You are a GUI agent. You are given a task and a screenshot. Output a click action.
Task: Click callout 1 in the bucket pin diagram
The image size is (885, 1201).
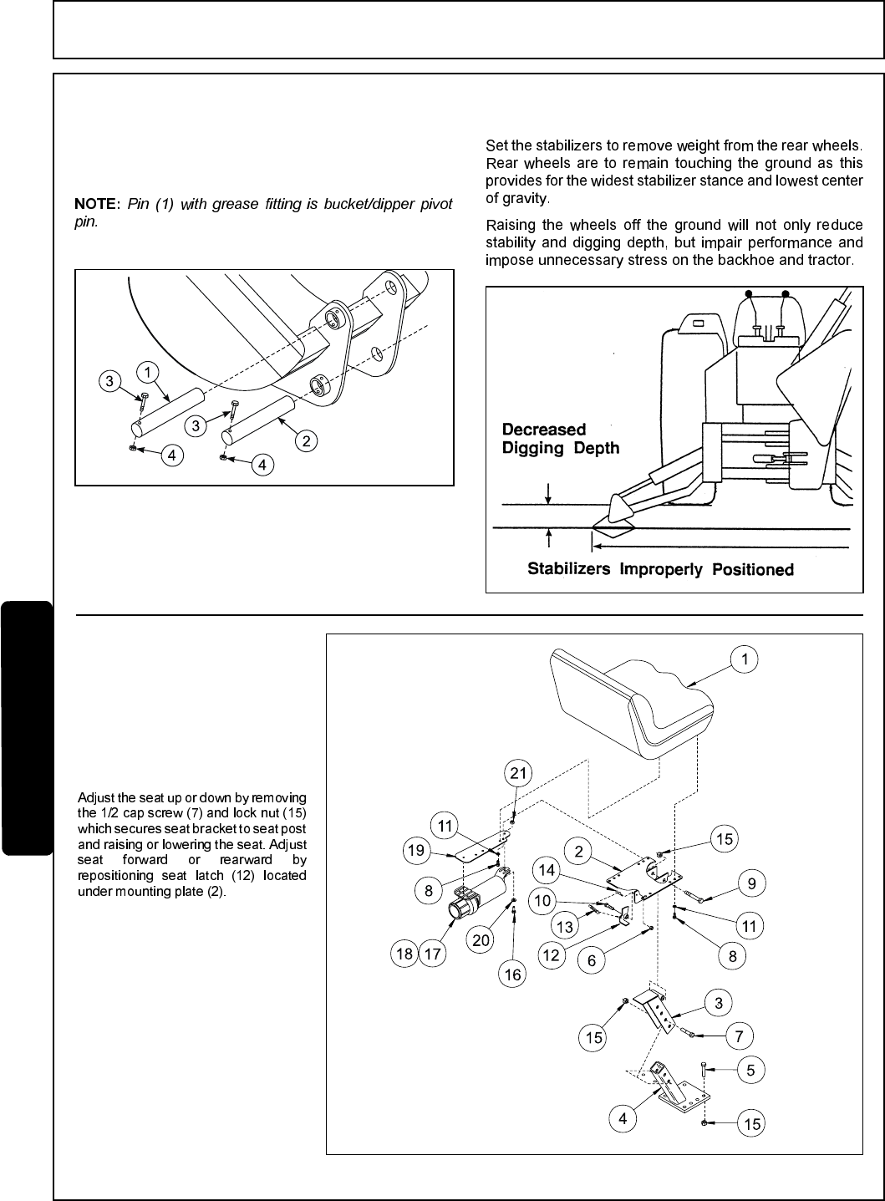pos(147,371)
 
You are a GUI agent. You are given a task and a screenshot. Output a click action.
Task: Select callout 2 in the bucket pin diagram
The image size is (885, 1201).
pos(308,441)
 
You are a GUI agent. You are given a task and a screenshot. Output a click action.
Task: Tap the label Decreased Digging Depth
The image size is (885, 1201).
pos(561,439)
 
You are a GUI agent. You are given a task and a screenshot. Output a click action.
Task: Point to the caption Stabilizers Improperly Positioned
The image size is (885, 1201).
pos(660,569)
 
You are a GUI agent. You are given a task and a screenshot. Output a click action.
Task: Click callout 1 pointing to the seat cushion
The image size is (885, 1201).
pos(745,659)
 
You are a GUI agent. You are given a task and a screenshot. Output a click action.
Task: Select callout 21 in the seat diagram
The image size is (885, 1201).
pos(519,773)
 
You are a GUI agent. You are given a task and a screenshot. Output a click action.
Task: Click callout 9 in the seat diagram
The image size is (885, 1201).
pos(751,882)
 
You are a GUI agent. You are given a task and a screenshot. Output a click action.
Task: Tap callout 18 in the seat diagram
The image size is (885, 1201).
pos(404,954)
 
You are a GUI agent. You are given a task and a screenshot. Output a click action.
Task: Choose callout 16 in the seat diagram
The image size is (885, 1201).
pos(512,975)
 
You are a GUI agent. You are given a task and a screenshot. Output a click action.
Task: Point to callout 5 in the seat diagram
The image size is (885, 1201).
pos(750,1069)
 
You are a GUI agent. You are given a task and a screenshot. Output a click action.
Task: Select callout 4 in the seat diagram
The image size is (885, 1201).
pos(623,1119)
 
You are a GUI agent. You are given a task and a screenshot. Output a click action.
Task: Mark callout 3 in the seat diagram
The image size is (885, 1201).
pos(718,1001)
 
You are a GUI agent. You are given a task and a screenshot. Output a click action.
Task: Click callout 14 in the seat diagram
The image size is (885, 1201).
pos(547,870)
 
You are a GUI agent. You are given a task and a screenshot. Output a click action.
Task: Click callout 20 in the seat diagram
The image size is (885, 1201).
pos(481,940)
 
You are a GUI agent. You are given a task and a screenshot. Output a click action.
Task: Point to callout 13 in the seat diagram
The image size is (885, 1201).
pos(565,926)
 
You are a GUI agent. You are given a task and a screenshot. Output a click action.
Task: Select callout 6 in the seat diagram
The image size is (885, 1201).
pos(592,960)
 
